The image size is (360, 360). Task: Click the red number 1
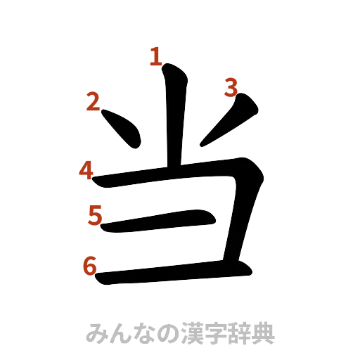point(155,56)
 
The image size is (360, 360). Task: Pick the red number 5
point(95,214)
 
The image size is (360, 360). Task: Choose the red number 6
point(89,266)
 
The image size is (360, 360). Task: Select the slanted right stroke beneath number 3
point(229,124)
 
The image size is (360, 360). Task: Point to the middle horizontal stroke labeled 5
point(158,221)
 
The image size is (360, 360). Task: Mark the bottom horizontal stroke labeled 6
point(172,274)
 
